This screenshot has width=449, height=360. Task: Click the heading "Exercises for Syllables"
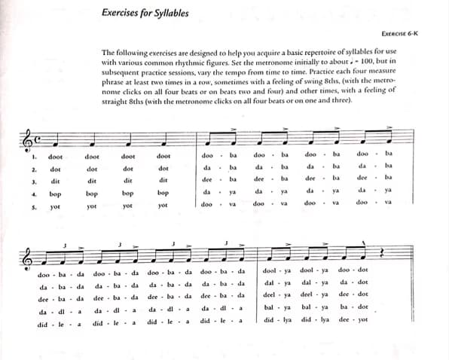(x=145, y=12)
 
